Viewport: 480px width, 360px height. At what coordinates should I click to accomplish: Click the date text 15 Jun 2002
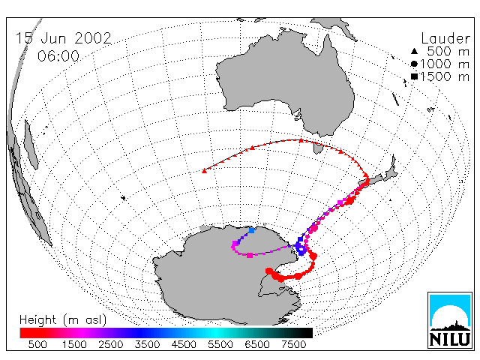coord(63,38)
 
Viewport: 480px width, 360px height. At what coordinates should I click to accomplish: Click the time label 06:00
coord(58,56)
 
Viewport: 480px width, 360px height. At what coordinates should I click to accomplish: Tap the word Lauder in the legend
coord(445,39)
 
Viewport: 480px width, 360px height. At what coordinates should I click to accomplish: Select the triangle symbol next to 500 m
coord(414,51)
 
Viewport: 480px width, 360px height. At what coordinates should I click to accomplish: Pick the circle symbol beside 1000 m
coord(414,64)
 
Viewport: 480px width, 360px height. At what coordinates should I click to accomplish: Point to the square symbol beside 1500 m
coord(414,76)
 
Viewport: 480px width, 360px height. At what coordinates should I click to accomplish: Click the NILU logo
coord(450,320)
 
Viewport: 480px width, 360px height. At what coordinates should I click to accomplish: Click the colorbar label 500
coord(37,345)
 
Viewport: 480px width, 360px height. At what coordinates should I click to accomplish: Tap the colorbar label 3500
coord(147,345)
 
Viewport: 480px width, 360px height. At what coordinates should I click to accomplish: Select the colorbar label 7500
coord(293,345)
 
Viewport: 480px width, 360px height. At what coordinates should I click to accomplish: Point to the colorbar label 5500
coord(220,345)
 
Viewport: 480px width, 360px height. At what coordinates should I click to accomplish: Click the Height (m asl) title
coord(63,320)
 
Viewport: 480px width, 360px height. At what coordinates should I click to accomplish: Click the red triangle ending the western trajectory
coord(204,171)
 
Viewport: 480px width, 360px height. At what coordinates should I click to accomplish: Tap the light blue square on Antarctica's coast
coord(252,230)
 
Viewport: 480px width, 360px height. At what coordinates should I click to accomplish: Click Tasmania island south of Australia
coord(318,148)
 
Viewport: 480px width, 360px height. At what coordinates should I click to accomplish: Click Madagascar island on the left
coord(31,145)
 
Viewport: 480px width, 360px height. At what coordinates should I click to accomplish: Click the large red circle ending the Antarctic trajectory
coord(269,271)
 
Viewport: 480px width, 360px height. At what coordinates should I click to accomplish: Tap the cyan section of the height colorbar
coord(214,333)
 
